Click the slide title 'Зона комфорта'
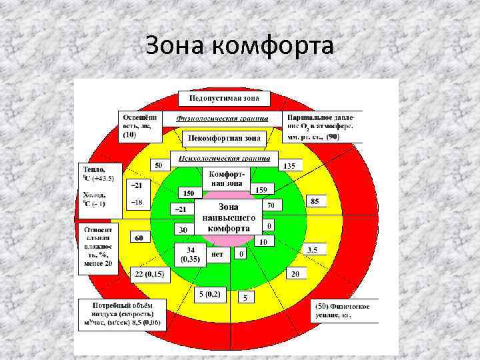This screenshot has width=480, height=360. coord(239,47)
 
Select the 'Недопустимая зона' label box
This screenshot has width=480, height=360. coord(224,99)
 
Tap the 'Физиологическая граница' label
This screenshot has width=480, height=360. coord(222,119)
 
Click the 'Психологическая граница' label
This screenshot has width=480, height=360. coord(223,159)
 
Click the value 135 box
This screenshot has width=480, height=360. coord(289,165)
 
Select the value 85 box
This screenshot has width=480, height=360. coord(315,201)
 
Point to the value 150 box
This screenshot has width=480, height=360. coord(188,193)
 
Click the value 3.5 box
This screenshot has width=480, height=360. coord(311,249)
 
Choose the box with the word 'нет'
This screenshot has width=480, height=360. coord(217,254)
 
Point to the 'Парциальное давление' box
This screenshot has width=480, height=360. coord(321,125)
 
